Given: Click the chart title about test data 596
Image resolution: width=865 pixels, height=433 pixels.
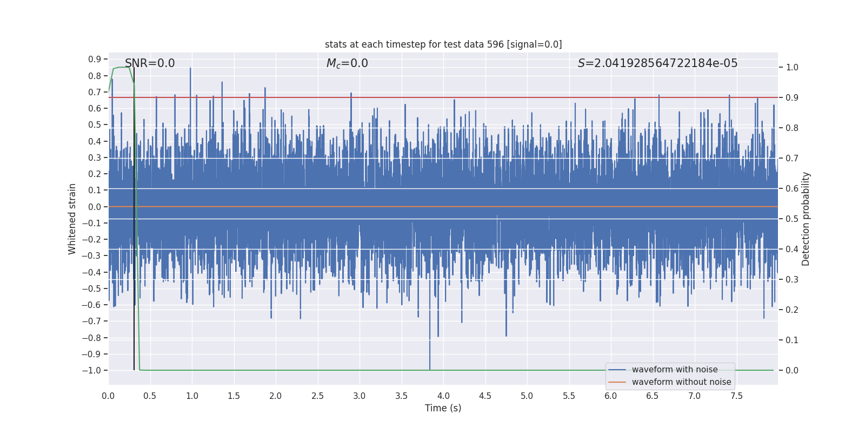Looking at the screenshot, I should click(x=443, y=44).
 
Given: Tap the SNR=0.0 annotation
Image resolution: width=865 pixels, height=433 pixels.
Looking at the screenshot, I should click(x=150, y=63).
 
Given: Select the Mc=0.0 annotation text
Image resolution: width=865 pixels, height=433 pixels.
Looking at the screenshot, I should click(x=347, y=63).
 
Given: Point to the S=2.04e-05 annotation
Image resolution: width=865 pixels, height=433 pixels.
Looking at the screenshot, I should click(x=657, y=63).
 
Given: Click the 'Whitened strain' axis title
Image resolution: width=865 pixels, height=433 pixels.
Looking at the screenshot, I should click(x=72, y=219).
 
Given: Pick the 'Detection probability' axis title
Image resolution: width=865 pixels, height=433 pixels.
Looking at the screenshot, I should click(x=806, y=219).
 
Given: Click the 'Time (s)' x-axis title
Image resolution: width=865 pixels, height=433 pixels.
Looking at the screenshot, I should click(x=443, y=408).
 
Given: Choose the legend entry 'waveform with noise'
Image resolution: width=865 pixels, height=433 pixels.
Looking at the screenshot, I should click(x=675, y=370).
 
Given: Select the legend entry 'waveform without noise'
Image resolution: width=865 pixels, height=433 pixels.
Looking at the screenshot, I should click(x=681, y=382).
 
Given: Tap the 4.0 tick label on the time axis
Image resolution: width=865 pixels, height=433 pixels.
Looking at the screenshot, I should click(x=443, y=396).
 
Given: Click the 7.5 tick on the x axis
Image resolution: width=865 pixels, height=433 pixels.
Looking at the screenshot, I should click(x=736, y=396).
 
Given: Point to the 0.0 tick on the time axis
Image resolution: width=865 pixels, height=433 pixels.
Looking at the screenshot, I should click(x=108, y=396).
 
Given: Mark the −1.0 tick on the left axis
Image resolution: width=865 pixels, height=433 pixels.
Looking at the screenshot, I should click(x=92, y=371).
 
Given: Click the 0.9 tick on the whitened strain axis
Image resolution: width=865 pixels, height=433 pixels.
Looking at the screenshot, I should click(x=95, y=60).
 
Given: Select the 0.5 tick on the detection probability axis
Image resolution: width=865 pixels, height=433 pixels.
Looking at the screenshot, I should click(x=792, y=219).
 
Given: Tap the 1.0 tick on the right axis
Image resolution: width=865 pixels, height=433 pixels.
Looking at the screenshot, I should click(x=792, y=68).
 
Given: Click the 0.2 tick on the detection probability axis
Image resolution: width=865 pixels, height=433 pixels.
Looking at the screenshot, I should click(x=792, y=310).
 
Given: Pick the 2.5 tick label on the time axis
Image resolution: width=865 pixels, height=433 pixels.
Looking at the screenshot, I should click(x=317, y=396).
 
